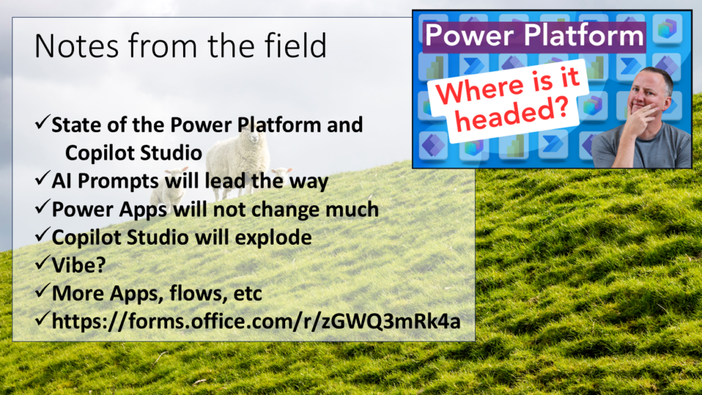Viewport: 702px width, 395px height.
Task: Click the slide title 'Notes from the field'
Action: point(180,46)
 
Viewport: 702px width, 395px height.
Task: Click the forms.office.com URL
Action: point(256,321)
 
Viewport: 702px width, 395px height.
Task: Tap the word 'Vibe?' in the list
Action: point(79,265)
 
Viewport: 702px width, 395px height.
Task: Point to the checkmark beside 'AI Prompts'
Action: point(42,179)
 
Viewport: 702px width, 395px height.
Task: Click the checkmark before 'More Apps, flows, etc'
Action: point(42,291)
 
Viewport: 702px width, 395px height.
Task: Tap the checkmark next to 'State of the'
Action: point(42,122)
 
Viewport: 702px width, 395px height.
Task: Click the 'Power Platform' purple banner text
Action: point(534,36)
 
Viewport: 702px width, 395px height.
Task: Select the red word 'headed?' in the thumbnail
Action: point(513,115)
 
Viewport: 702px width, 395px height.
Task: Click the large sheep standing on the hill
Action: point(238,160)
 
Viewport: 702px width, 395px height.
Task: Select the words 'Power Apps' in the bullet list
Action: point(109,210)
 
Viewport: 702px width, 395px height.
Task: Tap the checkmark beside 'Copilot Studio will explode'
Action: point(42,235)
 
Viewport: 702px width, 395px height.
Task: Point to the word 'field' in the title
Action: point(295,46)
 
